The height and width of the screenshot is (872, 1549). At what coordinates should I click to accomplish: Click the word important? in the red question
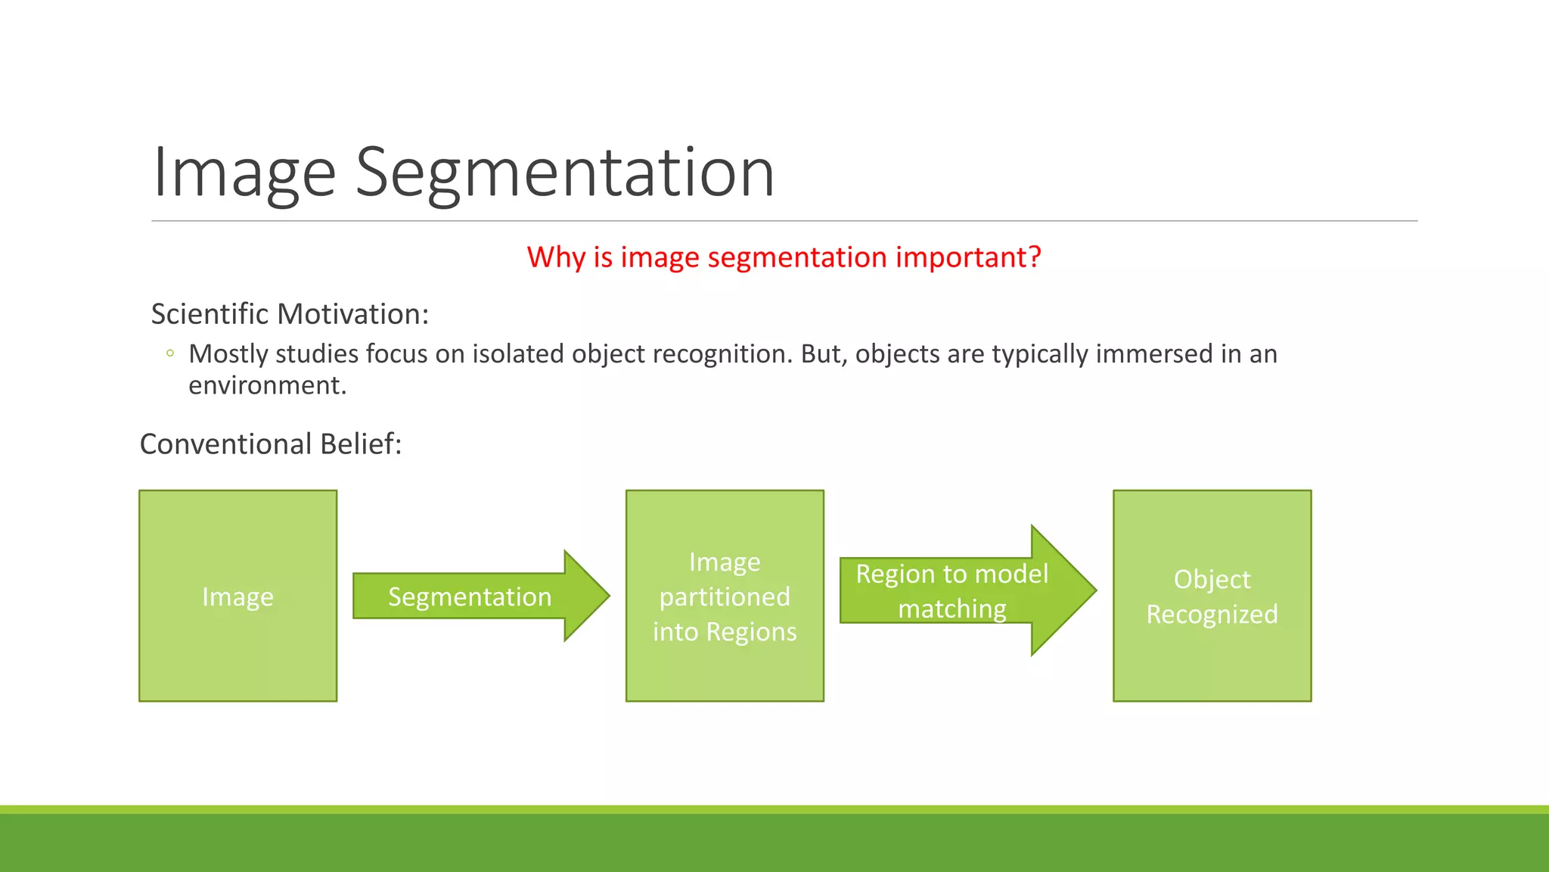tap(968, 257)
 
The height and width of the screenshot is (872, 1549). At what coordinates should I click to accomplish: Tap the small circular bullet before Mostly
tap(170, 353)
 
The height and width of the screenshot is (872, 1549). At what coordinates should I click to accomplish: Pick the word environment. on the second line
tap(267, 385)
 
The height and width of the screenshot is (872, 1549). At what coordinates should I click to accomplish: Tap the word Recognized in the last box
tap(1212, 614)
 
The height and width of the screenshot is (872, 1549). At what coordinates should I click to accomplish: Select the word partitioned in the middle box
tap(725, 597)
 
